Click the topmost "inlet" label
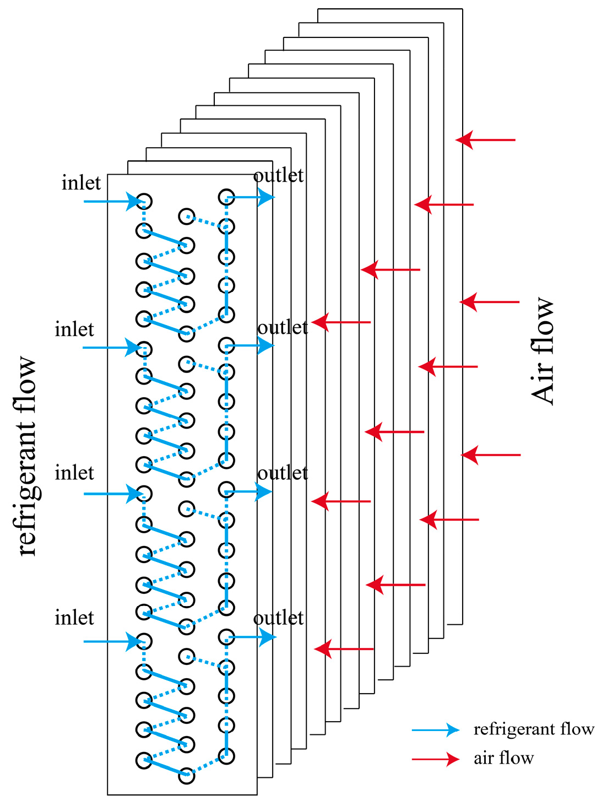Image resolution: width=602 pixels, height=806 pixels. (x=81, y=183)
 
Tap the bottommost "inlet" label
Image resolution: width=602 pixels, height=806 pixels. (x=74, y=618)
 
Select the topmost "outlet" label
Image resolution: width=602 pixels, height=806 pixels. (x=278, y=175)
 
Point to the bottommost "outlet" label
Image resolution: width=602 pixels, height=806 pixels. (x=278, y=618)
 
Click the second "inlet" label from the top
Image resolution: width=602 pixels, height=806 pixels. (x=74, y=329)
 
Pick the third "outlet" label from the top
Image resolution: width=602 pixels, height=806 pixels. (x=283, y=473)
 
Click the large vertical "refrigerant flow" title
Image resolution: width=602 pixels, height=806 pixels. (x=26, y=456)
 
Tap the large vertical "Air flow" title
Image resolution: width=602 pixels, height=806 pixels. (x=543, y=351)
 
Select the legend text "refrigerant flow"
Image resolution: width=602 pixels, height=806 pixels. (x=534, y=729)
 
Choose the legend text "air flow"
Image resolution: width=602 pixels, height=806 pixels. (x=503, y=759)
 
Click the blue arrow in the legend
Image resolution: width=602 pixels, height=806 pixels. (x=435, y=730)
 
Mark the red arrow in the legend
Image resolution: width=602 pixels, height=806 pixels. (x=435, y=759)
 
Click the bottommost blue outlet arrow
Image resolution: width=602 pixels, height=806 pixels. (x=252, y=637)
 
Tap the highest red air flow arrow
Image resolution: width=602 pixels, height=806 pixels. (x=485, y=140)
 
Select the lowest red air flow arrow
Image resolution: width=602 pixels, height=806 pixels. (x=344, y=649)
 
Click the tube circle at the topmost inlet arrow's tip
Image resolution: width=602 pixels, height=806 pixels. (x=144, y=201)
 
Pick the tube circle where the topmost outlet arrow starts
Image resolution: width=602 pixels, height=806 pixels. (x=226, y=197)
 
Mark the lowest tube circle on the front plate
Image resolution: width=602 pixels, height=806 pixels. (x=187, y=776)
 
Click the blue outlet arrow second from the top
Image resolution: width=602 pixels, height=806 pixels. (x=251, y=345)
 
